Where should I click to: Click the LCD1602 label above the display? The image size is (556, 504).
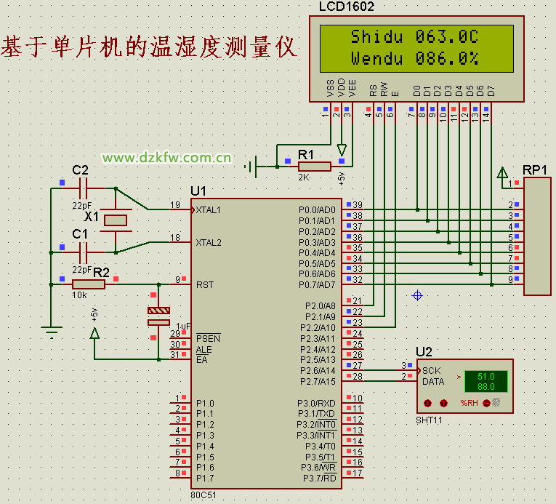point(346,7)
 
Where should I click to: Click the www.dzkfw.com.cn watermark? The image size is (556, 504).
point(166,157)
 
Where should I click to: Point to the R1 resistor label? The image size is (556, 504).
point(306,155)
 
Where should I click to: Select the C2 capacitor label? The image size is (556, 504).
point(80,170)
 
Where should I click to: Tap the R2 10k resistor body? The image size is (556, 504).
point(89,284)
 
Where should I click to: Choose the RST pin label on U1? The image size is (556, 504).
point(204,284)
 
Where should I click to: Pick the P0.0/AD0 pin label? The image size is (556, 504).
point(317,210)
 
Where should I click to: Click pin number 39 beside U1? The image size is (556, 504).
point(357,205)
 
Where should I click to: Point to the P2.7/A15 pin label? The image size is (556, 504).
point(318,381)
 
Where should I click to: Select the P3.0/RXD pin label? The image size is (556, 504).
point(316,403)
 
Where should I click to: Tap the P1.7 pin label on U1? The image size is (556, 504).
point(206,478)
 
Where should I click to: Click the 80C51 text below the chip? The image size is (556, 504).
point(204,495)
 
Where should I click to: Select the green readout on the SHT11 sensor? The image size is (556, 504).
point(486,381)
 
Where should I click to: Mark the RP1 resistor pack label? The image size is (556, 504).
point(535,169)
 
